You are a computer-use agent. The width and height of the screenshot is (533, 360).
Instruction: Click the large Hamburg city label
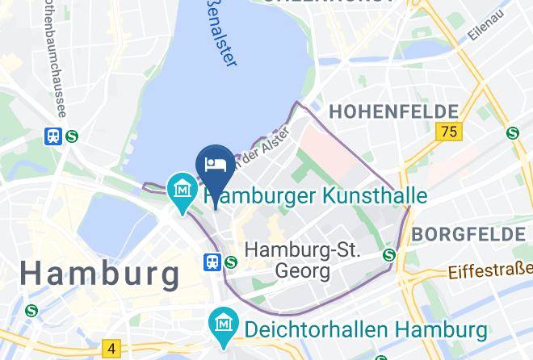tap(100, 273)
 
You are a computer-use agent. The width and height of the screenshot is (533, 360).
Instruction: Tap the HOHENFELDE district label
tap(392, 111)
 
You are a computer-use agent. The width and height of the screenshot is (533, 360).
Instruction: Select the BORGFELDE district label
tap(467, 235)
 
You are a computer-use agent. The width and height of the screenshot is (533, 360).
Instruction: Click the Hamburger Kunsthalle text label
tap(316, 196)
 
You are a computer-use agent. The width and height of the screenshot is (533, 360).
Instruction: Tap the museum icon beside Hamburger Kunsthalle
tap(182, 189)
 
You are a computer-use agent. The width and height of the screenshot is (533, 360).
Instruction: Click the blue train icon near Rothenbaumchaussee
tap(53, 136)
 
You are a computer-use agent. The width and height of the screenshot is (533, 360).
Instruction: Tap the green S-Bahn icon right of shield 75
tap(512, 133)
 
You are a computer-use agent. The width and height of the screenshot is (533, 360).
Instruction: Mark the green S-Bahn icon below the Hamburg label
tap(31, 309)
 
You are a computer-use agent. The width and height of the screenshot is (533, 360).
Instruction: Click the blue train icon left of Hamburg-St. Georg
tap(212, 261)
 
